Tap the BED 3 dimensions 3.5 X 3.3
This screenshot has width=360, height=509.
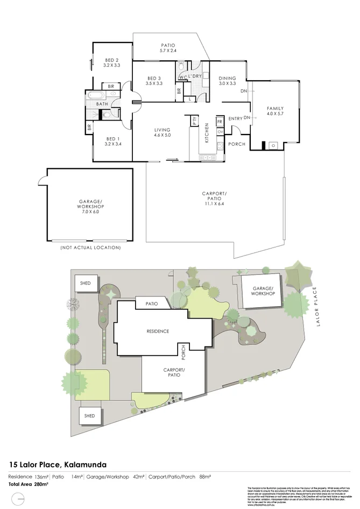pos(154,83)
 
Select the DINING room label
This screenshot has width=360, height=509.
pos(227,77)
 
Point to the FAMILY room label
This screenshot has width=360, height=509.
pos(275,108)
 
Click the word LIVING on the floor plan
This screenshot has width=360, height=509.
pos(162,130)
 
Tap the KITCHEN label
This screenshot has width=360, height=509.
pos(206,132)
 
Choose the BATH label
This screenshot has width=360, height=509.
pos(102,104)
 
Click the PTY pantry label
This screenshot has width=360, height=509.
pos(195,121)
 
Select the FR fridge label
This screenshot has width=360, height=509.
pos(220,122)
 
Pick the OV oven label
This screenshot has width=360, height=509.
pos(220,132)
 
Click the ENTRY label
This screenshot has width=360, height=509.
pos(235,119)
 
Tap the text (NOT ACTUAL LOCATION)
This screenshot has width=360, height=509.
pos(90,248)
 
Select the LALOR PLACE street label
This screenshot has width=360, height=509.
pos(315,306)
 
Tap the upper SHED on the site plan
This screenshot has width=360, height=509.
pos(86,283)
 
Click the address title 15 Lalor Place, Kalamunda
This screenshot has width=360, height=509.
pos(58,464)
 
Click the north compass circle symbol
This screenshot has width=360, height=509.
pos(19,500)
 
